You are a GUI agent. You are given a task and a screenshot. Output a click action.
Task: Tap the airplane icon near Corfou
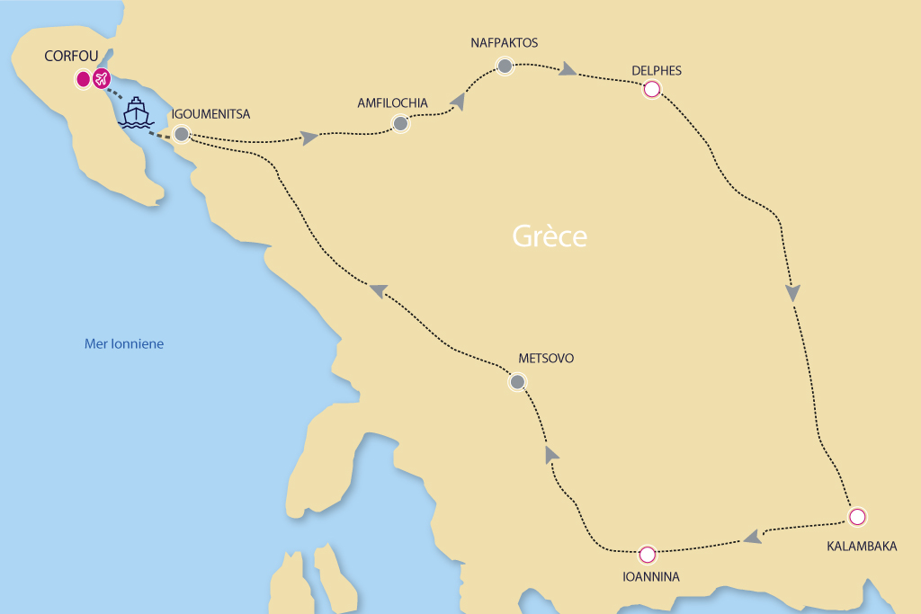pyautogui.click(x=101, y=79)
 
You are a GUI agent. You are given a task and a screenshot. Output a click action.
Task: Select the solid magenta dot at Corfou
pyautogui.click(x=83, y=79)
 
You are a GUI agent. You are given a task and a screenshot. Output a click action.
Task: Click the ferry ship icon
pyautogui.click(x=136, y=112)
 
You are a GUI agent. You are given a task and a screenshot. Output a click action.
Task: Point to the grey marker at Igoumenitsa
pyautogui.click(x=182, y=135)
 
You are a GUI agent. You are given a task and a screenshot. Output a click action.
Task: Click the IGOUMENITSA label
pyautogui.click(x=210, y=114)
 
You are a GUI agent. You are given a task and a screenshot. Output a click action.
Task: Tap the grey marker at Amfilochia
pyautogui.click(x=400, y=124)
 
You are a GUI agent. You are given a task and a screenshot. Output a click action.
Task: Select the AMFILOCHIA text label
pyautogui.click(x=392, y=102)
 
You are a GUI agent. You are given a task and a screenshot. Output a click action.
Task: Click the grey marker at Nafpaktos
pyautogui.click(x=505, y=66)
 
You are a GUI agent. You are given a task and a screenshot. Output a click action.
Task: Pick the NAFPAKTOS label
pyautogui.click(x=504, y=42)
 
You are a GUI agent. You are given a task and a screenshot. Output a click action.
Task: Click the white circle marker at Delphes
pyautogui.click(x=651, y=89)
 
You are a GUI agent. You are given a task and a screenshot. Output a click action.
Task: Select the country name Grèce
pyautogui.click(x=550, y=236)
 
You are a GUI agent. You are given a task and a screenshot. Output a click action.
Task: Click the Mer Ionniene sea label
pyautogui.click(x=124, y=343)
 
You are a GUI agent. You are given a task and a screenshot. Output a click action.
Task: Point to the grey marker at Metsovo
pyautogui.click(x=517, y=382)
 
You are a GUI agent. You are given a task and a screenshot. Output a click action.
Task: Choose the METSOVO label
pyautogui.click(x=546, y=358)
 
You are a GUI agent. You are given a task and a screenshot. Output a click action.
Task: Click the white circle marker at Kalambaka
pyautogui.click(x=857, y=517)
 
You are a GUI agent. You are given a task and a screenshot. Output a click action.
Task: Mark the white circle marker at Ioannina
pyautogui.click(x=648, y=554)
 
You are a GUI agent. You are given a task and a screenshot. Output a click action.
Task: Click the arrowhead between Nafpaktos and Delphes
pyautogui.click(x=568, y=70)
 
